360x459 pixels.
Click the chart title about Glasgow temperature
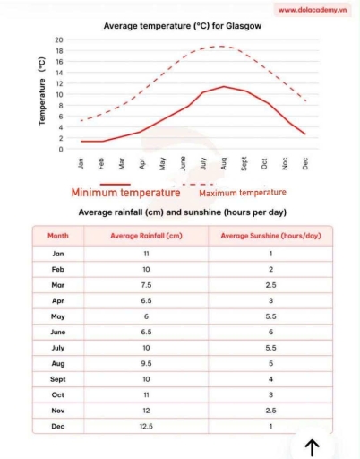point(183,26)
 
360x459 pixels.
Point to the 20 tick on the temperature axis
point(58,40)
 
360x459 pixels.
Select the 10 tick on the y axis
point(58,94)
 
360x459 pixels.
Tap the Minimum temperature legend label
point(125,193)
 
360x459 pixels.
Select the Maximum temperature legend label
point(243,193)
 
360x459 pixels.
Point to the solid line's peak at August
point(223,86)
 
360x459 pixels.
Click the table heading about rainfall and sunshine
point(183,212)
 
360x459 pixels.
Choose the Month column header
point(57,236)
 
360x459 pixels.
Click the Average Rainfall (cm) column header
point(146,236)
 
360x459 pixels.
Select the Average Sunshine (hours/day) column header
point(270,236)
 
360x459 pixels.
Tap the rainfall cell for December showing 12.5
point(146,426)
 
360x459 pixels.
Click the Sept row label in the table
point(57,378)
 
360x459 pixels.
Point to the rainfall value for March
point(146,284)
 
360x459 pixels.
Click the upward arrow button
point(312,446)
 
